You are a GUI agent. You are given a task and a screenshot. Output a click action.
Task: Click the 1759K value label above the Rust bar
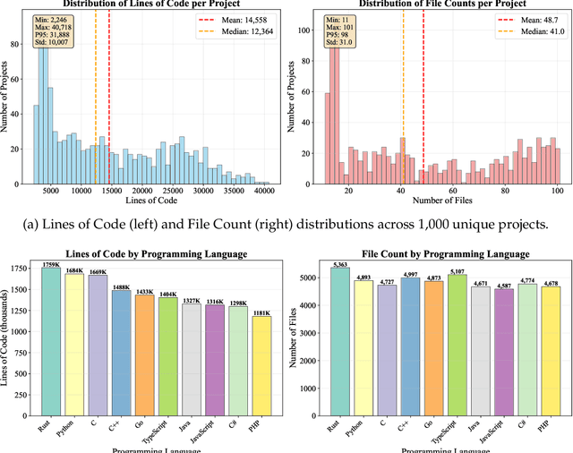[x=51, y=264]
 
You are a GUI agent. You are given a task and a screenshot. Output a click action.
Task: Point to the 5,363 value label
[x=338, y=266]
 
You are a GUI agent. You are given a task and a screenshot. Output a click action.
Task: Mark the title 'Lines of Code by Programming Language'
[x=158, y=254]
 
